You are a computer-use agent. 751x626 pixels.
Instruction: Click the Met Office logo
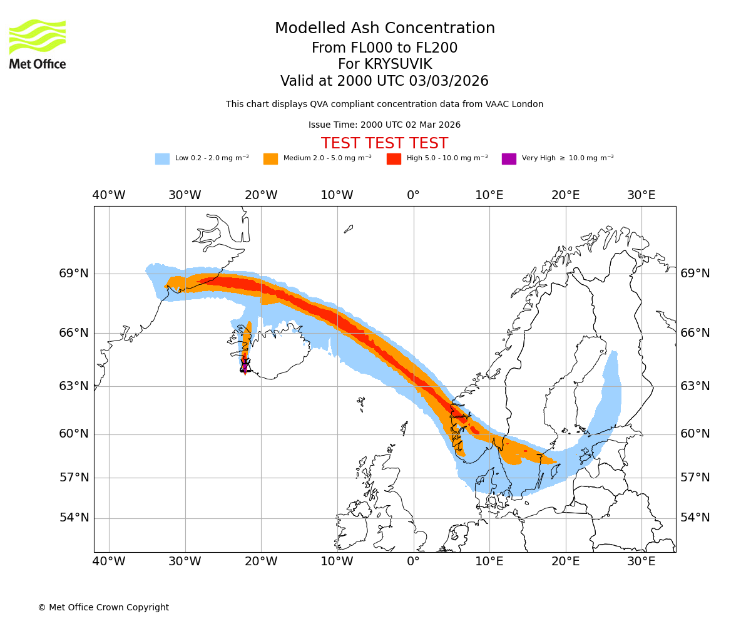38,44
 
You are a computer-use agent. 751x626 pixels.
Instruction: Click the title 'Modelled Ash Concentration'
385,28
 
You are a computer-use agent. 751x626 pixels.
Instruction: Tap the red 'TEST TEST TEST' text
384,143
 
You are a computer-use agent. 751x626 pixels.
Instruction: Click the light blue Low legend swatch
162,159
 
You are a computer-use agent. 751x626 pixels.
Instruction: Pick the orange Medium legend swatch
270,159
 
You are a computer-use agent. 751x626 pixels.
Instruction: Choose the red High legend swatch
394,159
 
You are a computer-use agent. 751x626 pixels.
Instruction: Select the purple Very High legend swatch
509,159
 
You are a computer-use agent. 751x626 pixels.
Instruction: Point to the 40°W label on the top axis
109,195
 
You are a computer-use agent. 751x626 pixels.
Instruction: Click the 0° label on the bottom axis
413,561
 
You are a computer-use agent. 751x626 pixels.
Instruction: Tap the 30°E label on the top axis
641,195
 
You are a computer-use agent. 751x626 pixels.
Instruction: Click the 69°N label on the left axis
74,274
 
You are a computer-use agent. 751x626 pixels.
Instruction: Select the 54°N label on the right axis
695,518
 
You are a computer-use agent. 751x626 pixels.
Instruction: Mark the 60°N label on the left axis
74,434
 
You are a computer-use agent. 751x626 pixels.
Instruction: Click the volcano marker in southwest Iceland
245,366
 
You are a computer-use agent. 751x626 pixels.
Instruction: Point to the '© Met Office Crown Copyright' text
103,607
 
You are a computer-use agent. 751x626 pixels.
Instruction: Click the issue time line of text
384,125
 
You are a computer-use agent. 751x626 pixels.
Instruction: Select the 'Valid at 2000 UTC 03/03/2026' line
384,81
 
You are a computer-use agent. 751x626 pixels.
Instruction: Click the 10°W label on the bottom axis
337,561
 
